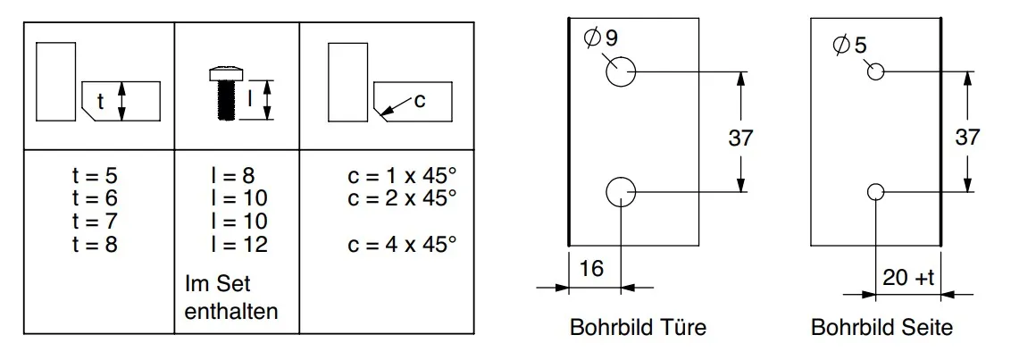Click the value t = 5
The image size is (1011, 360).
[95, 175]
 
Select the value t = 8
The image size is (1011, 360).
[95, 245]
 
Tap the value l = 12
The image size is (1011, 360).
[238, 245]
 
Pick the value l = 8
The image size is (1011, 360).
[233, 175]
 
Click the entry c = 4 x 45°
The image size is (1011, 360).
[402, 245]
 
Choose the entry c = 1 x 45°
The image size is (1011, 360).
[402, 175]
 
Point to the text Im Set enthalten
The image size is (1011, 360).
[231, 297]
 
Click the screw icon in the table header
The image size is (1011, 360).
[224, 93]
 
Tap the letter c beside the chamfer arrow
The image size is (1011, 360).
[420, 101]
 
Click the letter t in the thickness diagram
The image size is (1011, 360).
[100, 102]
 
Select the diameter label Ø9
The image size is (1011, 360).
[600, 38]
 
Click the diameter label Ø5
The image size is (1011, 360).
[850, 46]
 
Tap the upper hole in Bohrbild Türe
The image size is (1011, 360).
[621, 71]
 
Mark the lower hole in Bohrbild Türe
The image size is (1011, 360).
[621, 191]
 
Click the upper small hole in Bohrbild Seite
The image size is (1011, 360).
[875, 71]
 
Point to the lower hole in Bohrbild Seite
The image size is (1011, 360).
[875, 191]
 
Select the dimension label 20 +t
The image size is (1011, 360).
[908, 278]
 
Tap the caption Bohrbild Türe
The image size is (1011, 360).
[638, 327]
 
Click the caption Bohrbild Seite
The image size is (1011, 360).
[881, 327]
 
